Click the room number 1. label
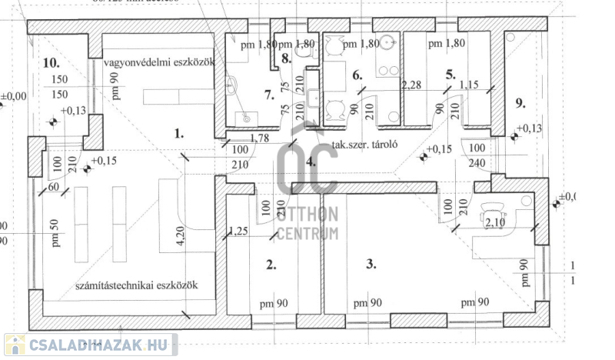tap(179, 133)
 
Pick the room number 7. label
tap(268, 95)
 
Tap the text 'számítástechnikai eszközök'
tap(137, 285)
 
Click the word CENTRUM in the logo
tap(307, 234)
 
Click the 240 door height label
tap(477, 162)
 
